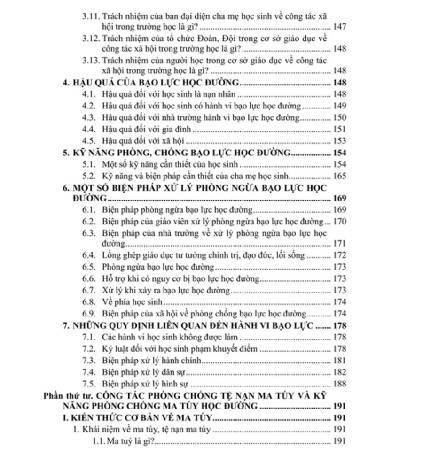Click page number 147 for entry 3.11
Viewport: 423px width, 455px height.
[x=339, y=26]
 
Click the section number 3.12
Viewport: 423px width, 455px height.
[x=89, y=38]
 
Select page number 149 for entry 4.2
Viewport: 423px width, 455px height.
[x=339, y=106]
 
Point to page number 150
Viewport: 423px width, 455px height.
[x=339, y=118]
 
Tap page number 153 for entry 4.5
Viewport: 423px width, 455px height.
[x=339, y=141]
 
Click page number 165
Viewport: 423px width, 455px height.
[x=339, y=176]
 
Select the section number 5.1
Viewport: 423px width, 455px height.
[x=89, y=164]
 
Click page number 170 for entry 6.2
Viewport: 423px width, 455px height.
[x=339, y=221]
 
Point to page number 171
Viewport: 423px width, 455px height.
[x=339, y=244]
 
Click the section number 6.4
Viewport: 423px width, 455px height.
[x=89, y=255]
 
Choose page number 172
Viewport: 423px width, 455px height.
[x=339, y=255]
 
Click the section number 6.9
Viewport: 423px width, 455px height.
[x=89, y=313]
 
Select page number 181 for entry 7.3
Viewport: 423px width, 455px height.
[x=339, y=360]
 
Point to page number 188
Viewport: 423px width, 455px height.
[x=339, y=383]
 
